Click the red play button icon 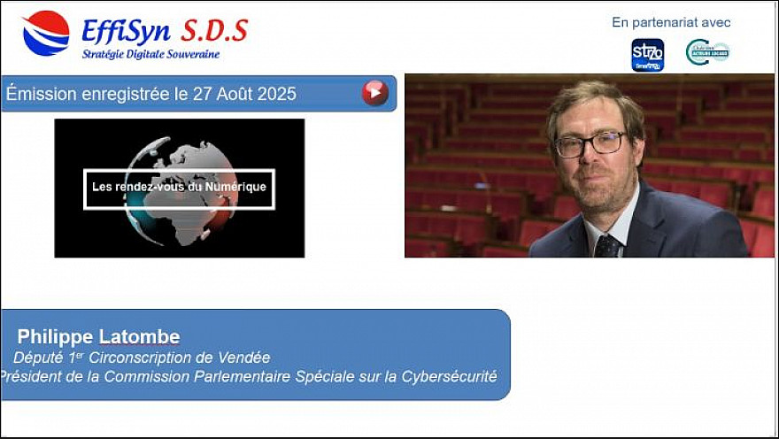tap(374, 93)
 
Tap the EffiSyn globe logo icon tap(45, 33)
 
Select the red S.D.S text tap(214, 31)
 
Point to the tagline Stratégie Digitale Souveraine tap(150, 54)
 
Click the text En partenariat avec tap(671, 22)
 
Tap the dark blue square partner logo tap(647, 54)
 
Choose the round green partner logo tap(707, 52)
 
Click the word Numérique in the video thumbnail tap(235, 187)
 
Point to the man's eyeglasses tap(590, 143)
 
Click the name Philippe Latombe tap(98, 336)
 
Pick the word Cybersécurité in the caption tap(448, 377)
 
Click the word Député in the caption tap(39, 358)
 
